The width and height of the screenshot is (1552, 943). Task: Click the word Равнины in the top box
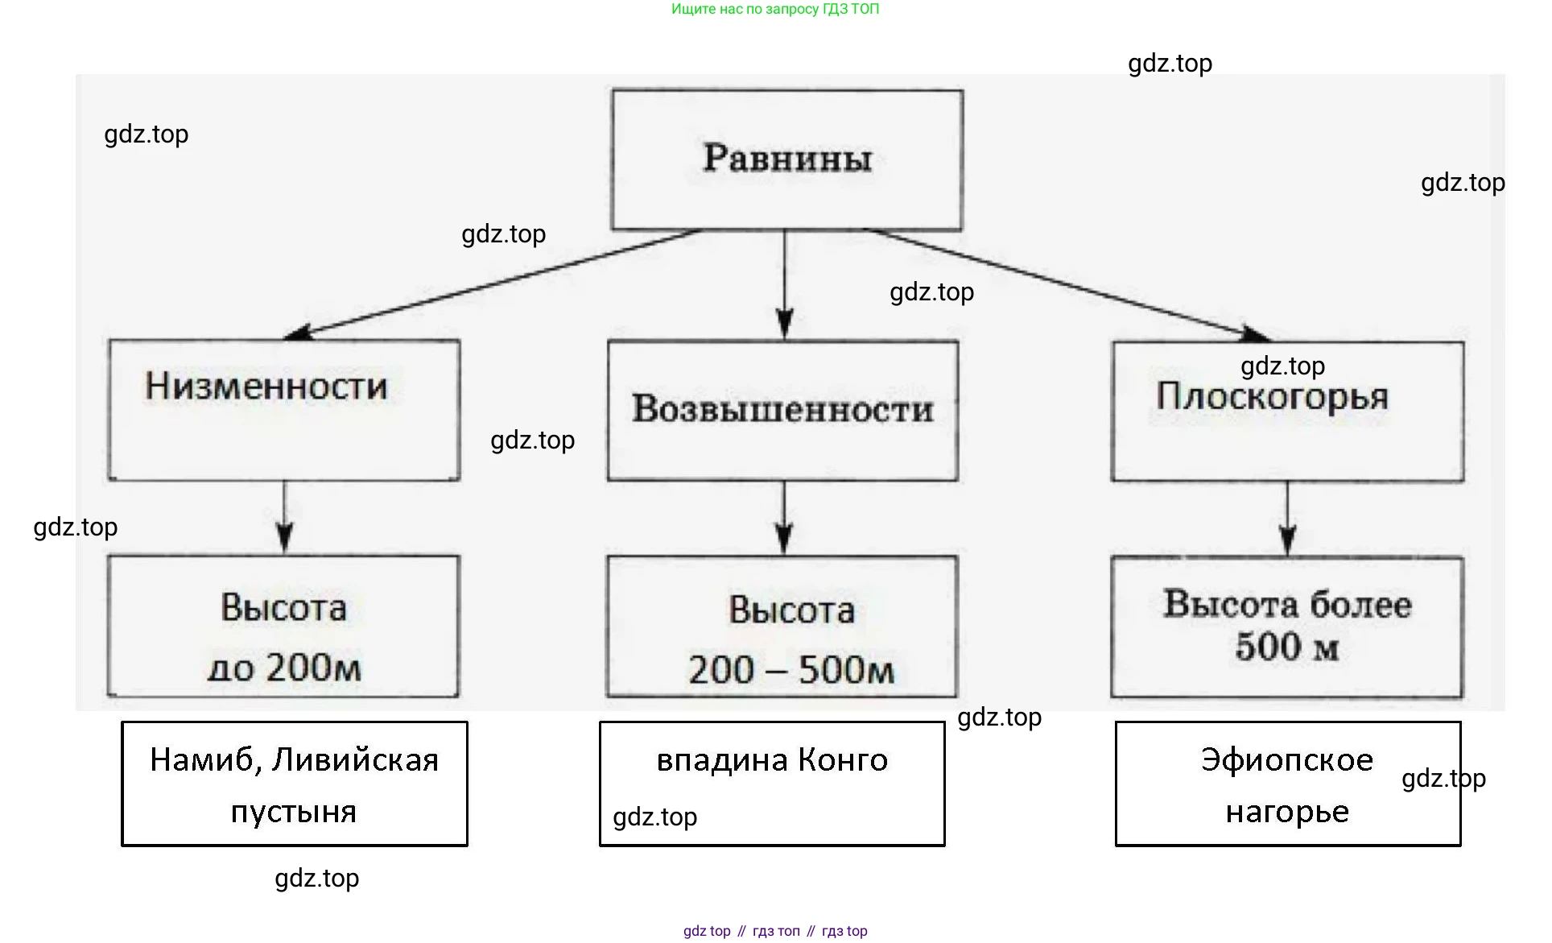point(786,158)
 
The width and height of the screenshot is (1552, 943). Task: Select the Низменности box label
point(266,387)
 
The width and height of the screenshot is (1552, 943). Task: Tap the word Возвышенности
point(782,408)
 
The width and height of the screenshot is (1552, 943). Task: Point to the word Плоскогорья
point(1272,397)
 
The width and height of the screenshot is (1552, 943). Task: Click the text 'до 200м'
point(284,668)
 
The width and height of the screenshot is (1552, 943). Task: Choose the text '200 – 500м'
point(790,669)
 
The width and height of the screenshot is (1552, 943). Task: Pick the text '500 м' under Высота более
point(1286,647)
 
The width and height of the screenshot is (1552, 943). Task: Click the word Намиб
point(205,760)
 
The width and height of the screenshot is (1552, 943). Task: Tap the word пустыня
point(293,811)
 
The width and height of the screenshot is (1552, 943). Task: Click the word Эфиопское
point(1286,760)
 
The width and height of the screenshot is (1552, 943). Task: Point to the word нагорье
point(1286,811)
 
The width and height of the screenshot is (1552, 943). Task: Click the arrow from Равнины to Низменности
point(491,283)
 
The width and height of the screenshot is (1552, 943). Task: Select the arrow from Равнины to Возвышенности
point(785,282)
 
